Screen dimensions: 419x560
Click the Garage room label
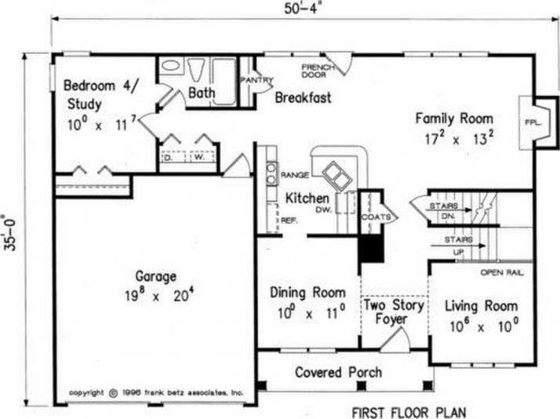pyautogui.click(x=155, y=277)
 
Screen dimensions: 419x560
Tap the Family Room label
pyautogui.click(x=454, y=118)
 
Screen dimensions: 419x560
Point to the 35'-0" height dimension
pyautogui.click(x=9, y=232)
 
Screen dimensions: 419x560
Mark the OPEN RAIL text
pyautogui.click(x=501, y=273)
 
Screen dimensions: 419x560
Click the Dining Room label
pyautogui.click(x=307, y=292)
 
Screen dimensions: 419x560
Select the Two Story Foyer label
pyautogui.click(x=393, y=312)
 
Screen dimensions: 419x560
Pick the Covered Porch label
pyautogui.click(x=338, y=372)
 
